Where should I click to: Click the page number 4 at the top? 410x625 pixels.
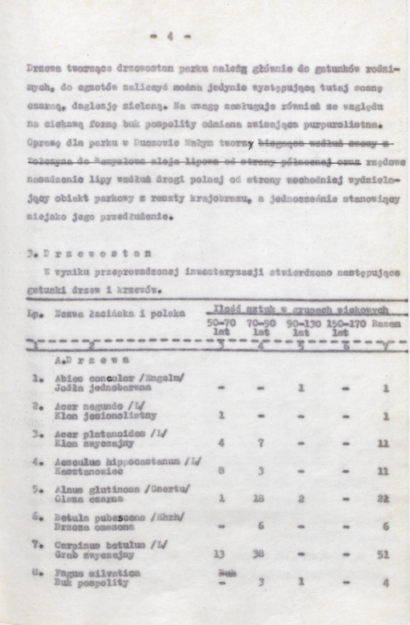click(x=170, y=37)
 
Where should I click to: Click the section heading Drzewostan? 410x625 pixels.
click(x=90, y=254)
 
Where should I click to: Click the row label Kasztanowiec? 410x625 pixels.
click(x=89, y=471)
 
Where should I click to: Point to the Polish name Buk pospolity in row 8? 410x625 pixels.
click(x=91, y=583)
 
